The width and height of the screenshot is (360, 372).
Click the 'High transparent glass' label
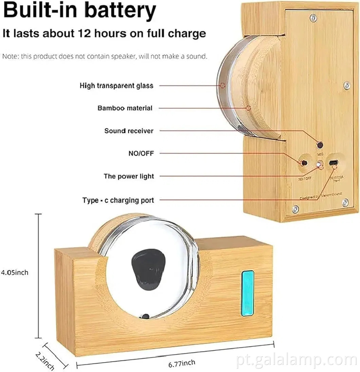pos(116,86)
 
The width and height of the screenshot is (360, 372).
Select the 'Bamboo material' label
pos(125,108)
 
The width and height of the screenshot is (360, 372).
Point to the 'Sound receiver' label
pos(129,131)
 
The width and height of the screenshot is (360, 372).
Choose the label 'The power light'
pos(129,176)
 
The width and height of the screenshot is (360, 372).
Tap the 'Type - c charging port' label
pos(118,200)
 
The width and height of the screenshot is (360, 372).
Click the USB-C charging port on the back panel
pos(334,162)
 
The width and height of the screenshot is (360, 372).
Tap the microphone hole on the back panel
pos(320,145)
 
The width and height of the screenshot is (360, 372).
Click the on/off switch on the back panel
pos(304,163)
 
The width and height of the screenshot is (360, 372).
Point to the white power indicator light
pos(319,165)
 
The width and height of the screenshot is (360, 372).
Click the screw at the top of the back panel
pos(313,16)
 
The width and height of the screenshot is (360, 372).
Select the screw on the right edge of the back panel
pos(347,85)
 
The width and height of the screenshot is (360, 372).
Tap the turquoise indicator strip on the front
pos(248,293)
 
